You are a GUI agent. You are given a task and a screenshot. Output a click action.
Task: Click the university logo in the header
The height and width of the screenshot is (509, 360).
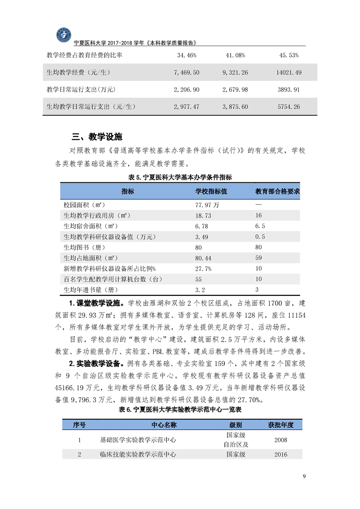coord(64,35)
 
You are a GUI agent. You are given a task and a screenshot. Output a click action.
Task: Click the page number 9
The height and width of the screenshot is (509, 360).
coord(304,476)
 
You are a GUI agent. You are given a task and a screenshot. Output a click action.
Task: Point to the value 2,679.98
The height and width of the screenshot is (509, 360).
coord(235,89)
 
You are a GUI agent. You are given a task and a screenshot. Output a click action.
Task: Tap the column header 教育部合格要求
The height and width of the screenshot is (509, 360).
coord(278,191)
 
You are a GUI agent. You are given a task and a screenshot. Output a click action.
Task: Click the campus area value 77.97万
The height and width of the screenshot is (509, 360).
coord(207,205)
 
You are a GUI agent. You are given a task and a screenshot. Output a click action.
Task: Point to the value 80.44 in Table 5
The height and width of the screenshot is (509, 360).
coord(203,258)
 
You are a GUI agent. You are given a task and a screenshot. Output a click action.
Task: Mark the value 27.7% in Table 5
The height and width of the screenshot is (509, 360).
coord(203,269)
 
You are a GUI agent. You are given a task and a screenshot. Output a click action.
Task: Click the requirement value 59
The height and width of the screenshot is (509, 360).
coord(259,258)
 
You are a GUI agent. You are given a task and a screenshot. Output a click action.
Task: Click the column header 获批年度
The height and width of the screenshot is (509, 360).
coord(281,425)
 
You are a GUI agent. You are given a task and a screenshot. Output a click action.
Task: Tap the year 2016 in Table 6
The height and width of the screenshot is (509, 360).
coord(281,454)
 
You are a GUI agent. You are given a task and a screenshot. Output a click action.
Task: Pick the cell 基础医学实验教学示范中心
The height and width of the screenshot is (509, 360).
coord(138,440)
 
